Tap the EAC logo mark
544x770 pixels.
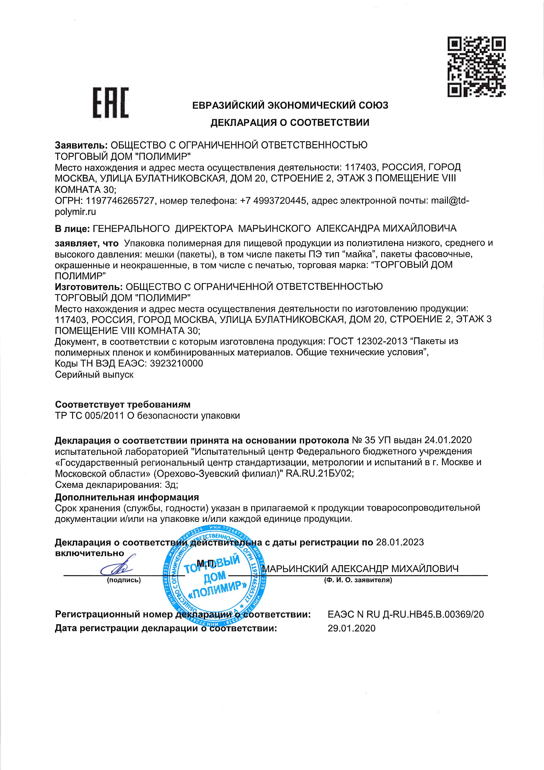(111, 103)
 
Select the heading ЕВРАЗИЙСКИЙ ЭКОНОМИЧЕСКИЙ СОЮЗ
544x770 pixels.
(290, 105)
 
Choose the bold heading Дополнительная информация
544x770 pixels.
(127, 497)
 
